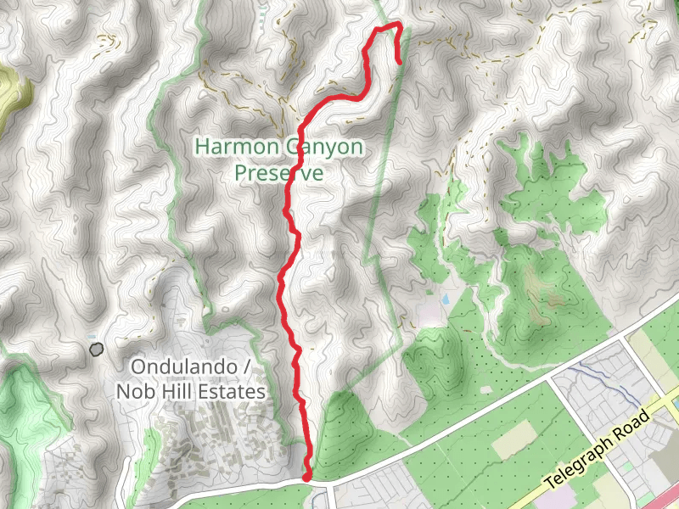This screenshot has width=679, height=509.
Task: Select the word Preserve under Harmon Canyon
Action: pos(279,172)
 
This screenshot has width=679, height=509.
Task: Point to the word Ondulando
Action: pos(178,367)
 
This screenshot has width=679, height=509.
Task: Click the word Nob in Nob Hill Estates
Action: pos(135,391)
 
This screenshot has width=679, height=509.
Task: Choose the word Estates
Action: pos(233,391)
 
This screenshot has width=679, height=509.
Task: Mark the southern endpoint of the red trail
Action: pos(306,477)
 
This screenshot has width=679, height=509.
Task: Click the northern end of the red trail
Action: pos(400,61)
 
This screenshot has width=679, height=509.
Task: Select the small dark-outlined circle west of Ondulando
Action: pos(96,348)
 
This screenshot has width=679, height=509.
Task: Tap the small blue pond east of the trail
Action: pos(445,299)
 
